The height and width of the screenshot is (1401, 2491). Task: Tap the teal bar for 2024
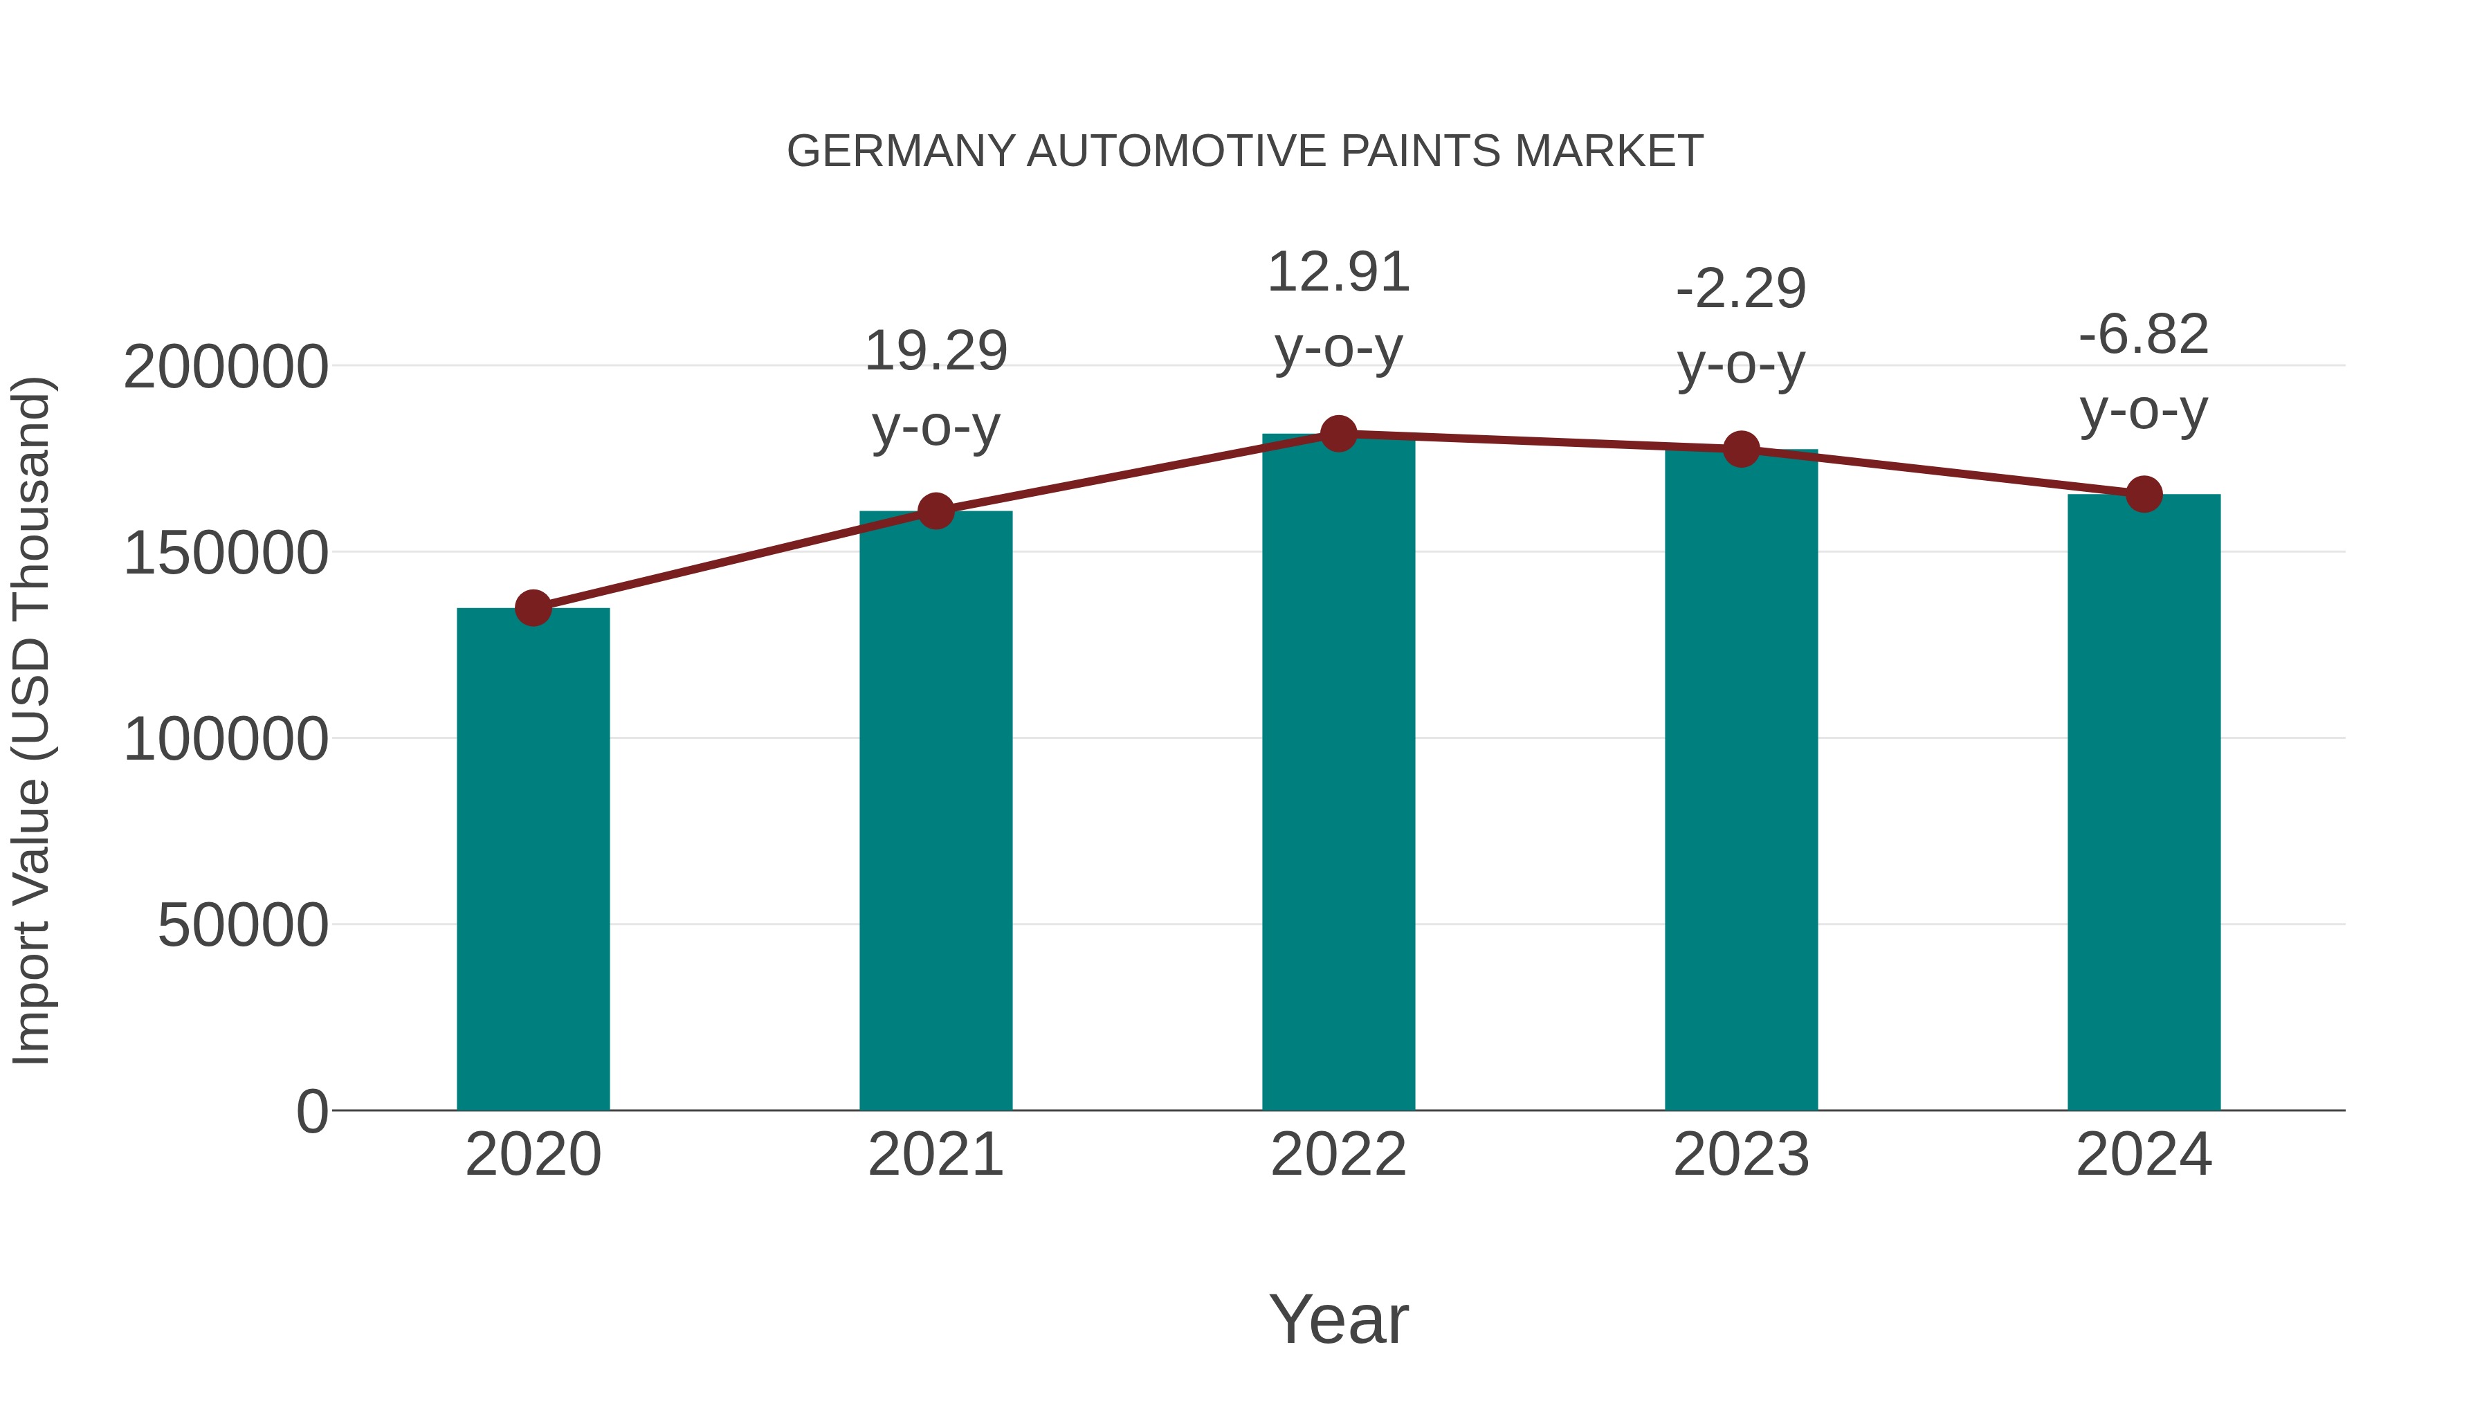coord(2144,802)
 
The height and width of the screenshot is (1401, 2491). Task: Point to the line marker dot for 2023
coord(1741,448)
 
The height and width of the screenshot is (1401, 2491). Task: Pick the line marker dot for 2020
coord(533,608)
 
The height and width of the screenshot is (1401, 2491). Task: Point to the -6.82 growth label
coord(2144,372)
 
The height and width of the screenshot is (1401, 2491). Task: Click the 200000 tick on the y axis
coord(226,367)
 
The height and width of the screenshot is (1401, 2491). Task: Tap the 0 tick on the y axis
coord(312,1111)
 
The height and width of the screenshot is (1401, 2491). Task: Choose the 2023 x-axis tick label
coord(1741,1155)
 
